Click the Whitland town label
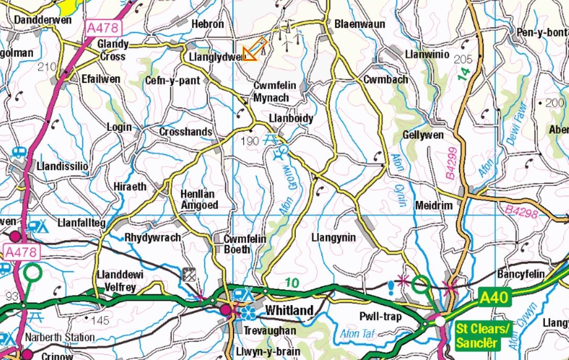click(289, 310)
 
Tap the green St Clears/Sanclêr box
click(482, 336)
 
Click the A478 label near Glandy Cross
click(103, 28)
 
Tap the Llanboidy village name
click(291, 118)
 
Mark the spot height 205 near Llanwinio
click(463, 59)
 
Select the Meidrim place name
click(433, 205)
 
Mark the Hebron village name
click(207, 24)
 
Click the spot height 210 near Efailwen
click(47, 67)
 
